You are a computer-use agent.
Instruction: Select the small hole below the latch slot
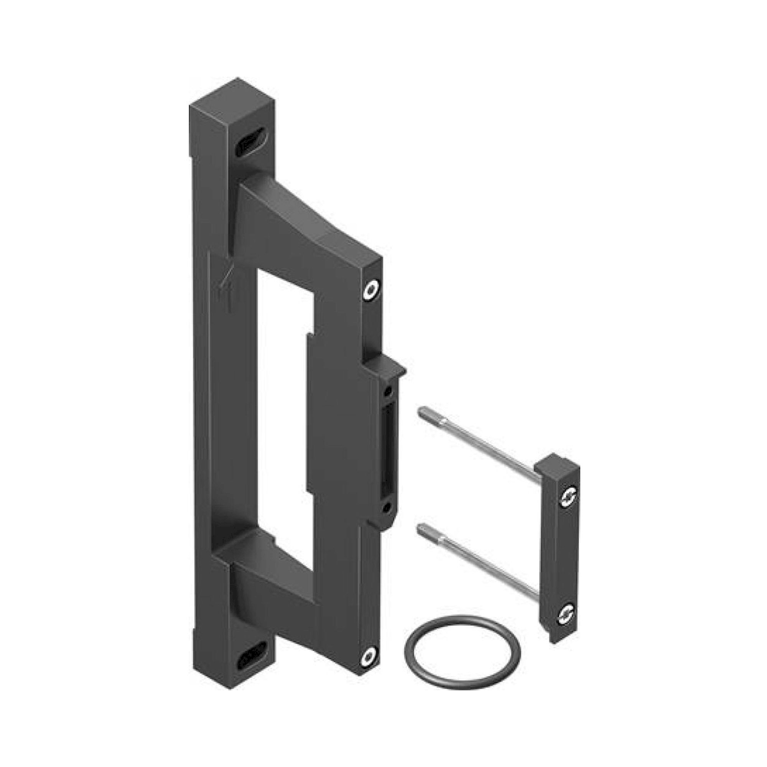tap(385, 506)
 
